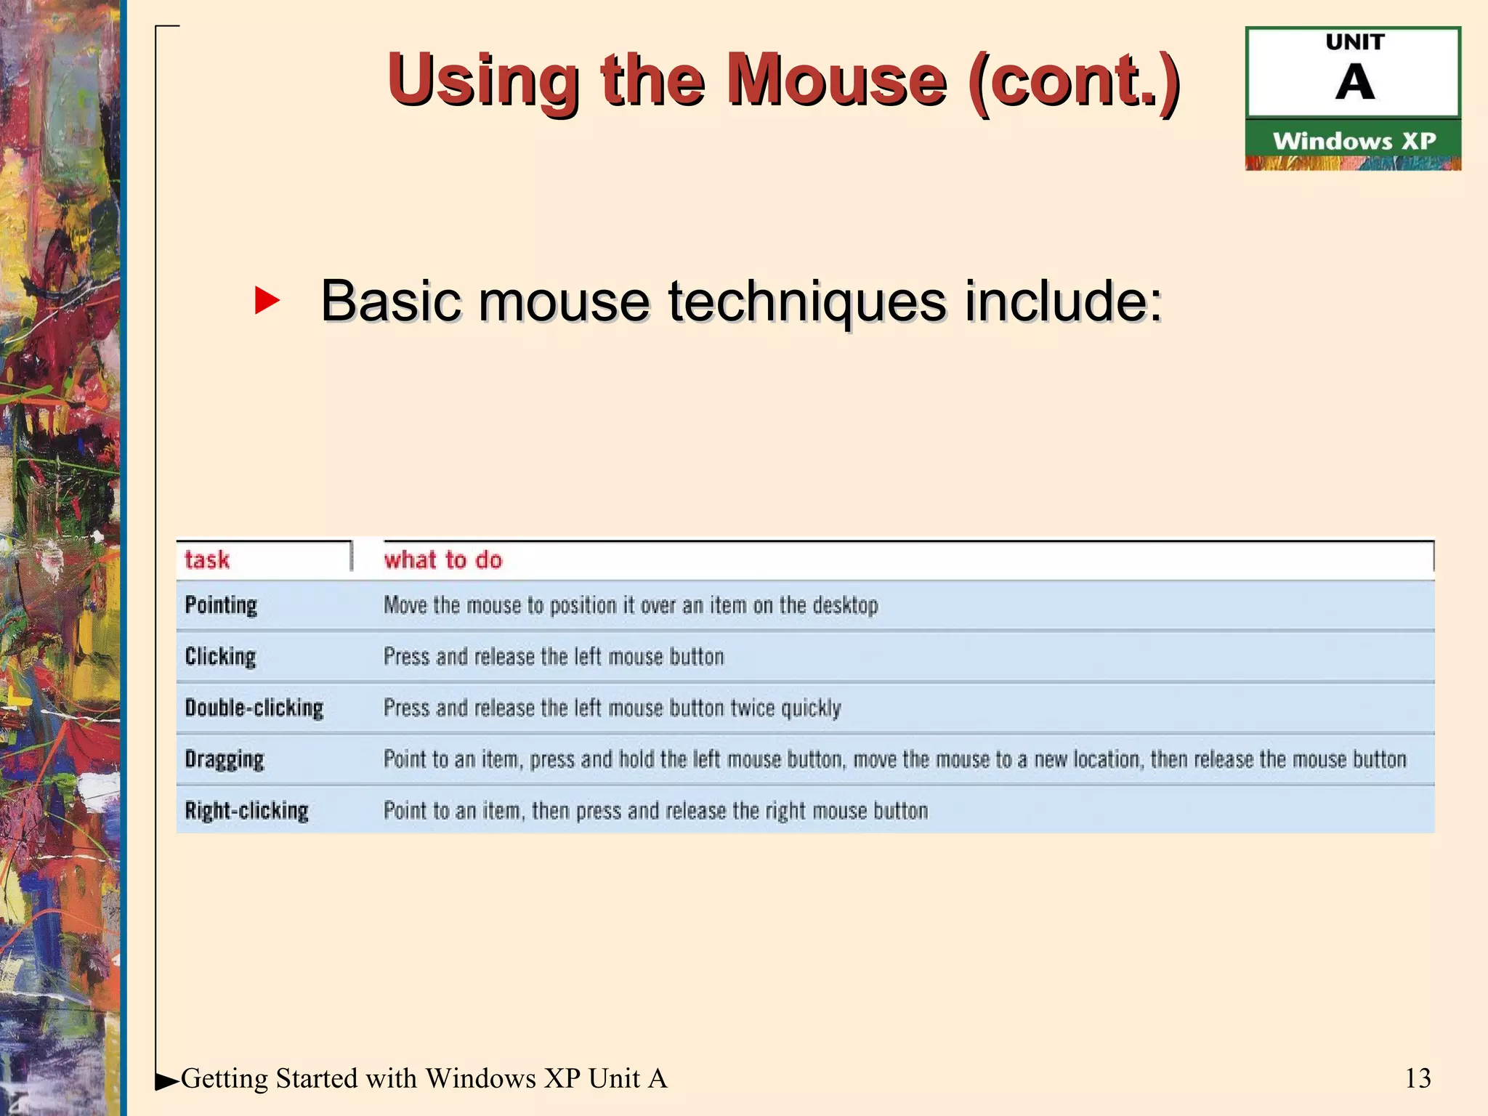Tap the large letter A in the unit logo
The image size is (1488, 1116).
coord(1354,83)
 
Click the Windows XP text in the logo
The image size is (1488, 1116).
coord(1354,141)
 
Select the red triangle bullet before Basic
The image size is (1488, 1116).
coord(267,301)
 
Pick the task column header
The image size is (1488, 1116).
coord(207,559)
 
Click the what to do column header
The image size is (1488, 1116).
coord(443,559)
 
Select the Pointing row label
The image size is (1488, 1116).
coord(221,605)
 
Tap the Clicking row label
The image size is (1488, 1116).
coord(220,656)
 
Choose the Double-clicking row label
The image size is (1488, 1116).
coord(254,708)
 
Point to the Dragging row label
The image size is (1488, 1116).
coord(224,759)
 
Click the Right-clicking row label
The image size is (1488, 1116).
coord(246,810)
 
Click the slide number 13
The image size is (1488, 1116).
coord(1418,1078)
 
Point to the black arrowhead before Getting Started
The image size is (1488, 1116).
coord(166,1082)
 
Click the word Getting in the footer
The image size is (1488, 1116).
coord(225,1079)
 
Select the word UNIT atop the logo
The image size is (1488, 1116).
coord(1354,42)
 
